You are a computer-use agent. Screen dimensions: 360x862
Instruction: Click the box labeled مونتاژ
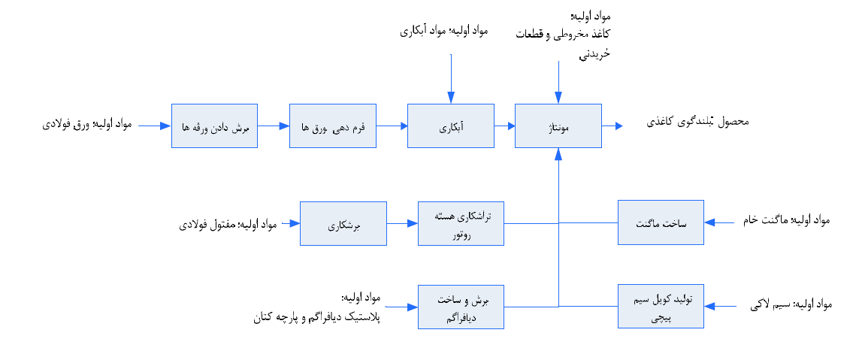(x=558, y=126)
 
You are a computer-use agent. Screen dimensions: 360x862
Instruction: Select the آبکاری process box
(x=450, y=126)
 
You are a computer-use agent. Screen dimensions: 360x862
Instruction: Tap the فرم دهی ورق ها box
(x=332, y=126)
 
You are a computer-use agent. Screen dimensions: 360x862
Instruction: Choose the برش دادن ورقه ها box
(x=214, y=126)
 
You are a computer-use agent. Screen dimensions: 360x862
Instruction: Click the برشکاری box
(x=343, y=223)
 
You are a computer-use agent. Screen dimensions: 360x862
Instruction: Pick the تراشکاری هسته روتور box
(x=461, y=223)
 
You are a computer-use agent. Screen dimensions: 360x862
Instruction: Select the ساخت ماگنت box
(x=661, y=222)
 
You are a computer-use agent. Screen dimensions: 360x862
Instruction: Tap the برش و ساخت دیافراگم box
(x=461, y=307)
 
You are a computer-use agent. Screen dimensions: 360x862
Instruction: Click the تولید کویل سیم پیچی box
(x=661, y=307)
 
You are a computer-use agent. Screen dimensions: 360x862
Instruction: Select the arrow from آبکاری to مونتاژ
(x=504, y=126)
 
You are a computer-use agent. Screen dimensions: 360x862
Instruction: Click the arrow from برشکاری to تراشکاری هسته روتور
(x=402, y=223)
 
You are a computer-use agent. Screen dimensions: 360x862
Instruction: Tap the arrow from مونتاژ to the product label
(x=612, y=126)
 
